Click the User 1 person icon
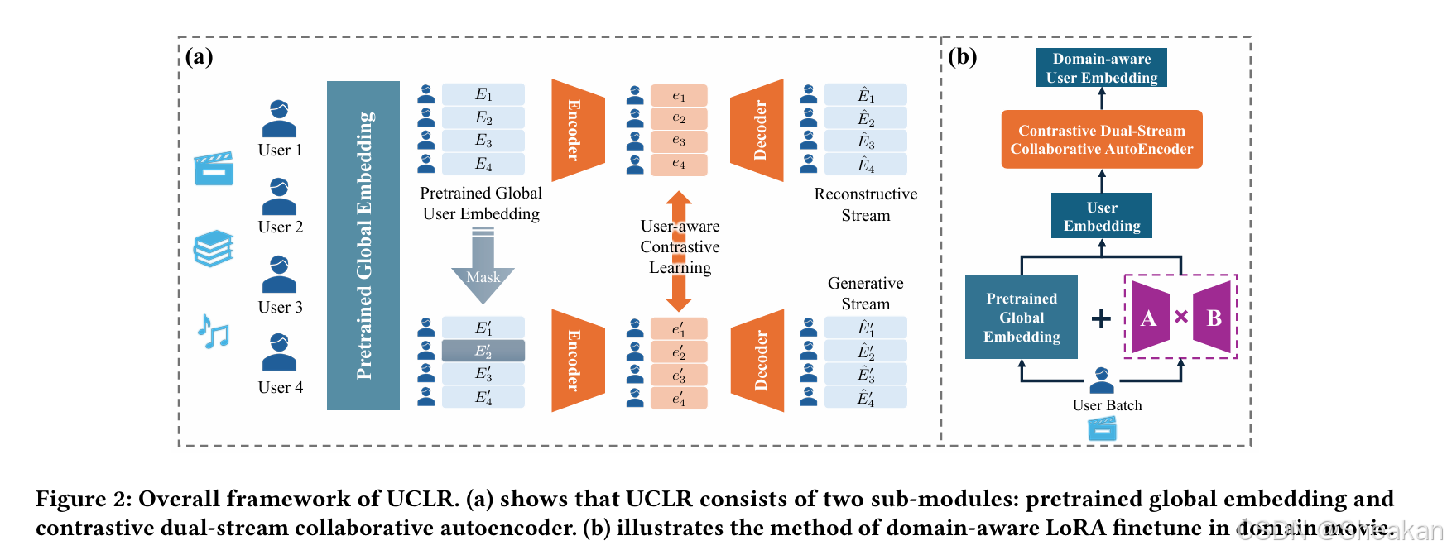pyautogui.click(x=279, y=118)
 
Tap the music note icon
pyautogui.click(x=213, y=332)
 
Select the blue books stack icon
pyautogui.click(x=213, y=248)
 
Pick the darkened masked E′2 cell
pyautogui.click(x=483, y=351)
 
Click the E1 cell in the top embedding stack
pyautogui.click(x=483, y=94)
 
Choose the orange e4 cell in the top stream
pyautogui.click(x=679, y=164)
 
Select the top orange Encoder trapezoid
pyautogui.click(x=577, y=130)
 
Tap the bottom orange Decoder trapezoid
pyautogui.click(x=758, y=361)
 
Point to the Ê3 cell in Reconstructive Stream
pyautogui.click(x=866, y=141)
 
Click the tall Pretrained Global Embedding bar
pyautogui.click(x=363, y=246)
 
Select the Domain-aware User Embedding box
pyautogui.click(x=1101, y=68)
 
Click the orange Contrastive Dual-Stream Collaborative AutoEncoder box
pyautogui.click(x=1101, y=140)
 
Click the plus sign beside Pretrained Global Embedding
pyautogui.click(x=1101, y=318)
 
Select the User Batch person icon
pyautogui.click(x=1102, y=380)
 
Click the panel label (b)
pyautogui.click(x=963, y=56)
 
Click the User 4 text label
pyautogui.click(x=280, y=387)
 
